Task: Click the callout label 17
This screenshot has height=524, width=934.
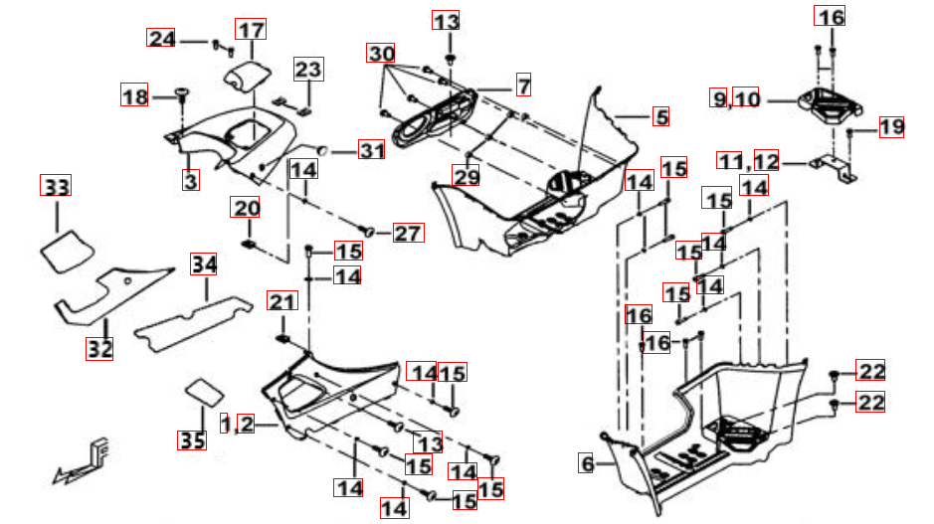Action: (x=251, y=30)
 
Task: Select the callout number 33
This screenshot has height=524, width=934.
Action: (x=57, y=186)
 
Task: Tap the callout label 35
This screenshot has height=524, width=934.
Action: (x=192, y=437)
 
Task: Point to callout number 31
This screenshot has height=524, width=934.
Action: (x=371, y=151)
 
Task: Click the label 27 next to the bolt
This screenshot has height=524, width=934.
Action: (x=409, y=234)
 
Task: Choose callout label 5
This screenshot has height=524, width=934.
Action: (x=661, y=117)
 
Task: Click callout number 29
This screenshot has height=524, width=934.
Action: (x=467, y=177)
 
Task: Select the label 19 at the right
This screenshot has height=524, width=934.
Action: (x=890, y=127)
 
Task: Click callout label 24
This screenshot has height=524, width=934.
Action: (x=161, y=39)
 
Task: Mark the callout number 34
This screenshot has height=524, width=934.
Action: (x=204, y=264)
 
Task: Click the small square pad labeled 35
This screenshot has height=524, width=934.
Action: (x=205, y=388)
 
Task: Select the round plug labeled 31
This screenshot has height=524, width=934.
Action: (x=323, y=151)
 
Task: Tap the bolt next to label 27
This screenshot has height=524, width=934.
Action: (x=369, y=232)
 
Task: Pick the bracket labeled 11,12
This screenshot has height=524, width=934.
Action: (x=834, y=167)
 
